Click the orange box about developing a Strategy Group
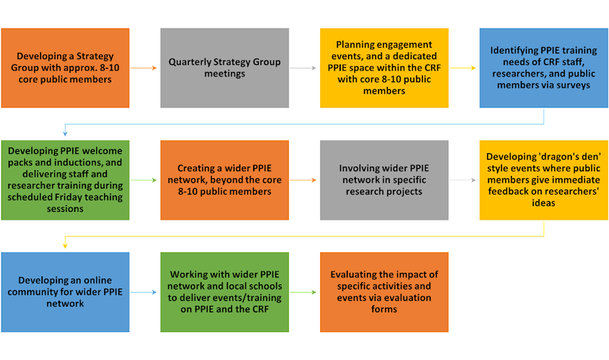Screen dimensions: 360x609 pyautogui.click(x=65, y=68)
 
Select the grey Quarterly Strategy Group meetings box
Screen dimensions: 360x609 pyautogui.click(x=225, y=68)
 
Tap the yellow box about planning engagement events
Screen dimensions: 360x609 pyautogui.click(x=384, y=68)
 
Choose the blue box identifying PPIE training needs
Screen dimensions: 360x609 pyautogui.click(x=543, y=68)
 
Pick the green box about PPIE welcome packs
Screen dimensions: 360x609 pyautogui.click(x=65, y=180)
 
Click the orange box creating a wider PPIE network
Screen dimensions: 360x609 pyautogui.click(x=225, y=180)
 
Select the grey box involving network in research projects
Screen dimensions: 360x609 pyautogui.click(x=384, y=180)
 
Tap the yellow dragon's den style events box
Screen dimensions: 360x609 pyautogui.click(x=543, y=180)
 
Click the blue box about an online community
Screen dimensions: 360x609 pyautogui.click(x=65, y=292)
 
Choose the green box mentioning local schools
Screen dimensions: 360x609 pyautogui.click(x=225, y=292)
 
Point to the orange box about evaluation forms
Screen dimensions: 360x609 pyautogui.click(x=384, y=292)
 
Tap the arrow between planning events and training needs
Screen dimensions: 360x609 pyautogui.click(x=464, y=68)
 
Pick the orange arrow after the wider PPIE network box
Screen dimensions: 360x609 pyautogui.click(x=304, y=180)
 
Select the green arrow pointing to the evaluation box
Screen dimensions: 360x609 pyautogui.click(x=304, y=292)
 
